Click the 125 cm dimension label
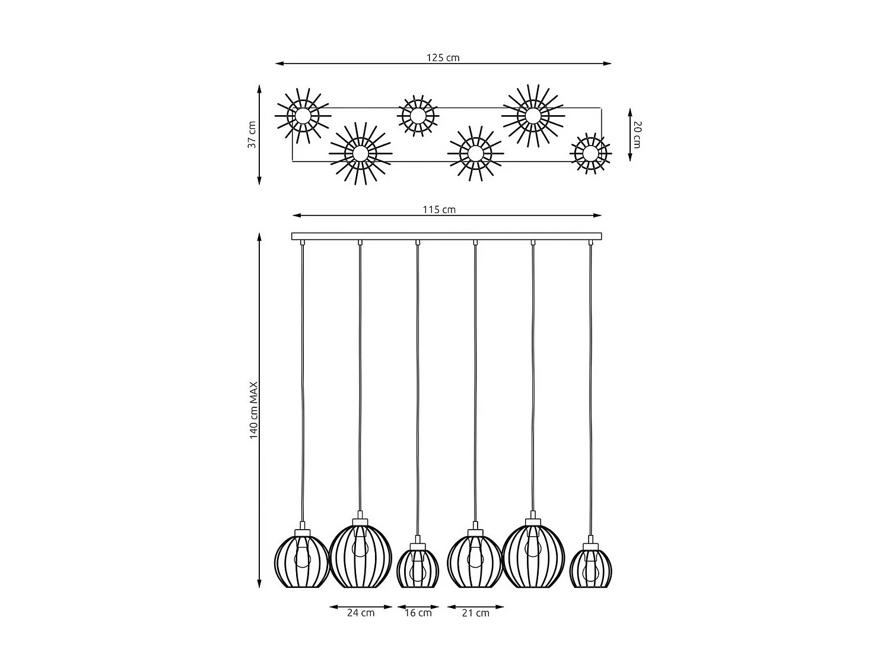tap(443, 58)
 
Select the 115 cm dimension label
tap(439, 210)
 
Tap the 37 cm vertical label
tap(252, 135)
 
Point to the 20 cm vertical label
tap(636, 135)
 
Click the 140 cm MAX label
tap(254, 410)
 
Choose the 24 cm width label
tap(361, 613)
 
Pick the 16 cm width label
tap(418, 613)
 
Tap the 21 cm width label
tap(475, 613)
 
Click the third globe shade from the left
tap(417, 568)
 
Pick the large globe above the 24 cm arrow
tap(360, 555)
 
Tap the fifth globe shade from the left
tap(532, 555)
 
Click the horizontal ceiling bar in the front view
tap(446, 236)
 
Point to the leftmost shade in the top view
tap(303, 116)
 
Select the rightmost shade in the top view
tap(590, 154)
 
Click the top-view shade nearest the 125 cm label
tap(418, 116)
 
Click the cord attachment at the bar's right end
tap(590, 242)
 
